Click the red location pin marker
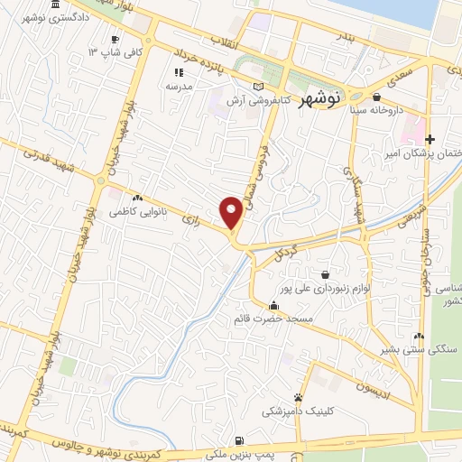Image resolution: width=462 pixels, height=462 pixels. [232, 212]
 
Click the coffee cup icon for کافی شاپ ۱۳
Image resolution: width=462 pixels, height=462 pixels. [115, 40]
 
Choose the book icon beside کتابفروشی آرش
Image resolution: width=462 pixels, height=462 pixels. [260, 87]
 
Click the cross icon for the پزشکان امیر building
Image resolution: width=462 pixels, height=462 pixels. [430, 140]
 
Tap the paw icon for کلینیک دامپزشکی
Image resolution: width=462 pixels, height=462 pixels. [299, 397]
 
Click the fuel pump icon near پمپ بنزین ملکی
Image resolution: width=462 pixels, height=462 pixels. [238, 440]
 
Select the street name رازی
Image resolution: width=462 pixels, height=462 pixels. [189, 217]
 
